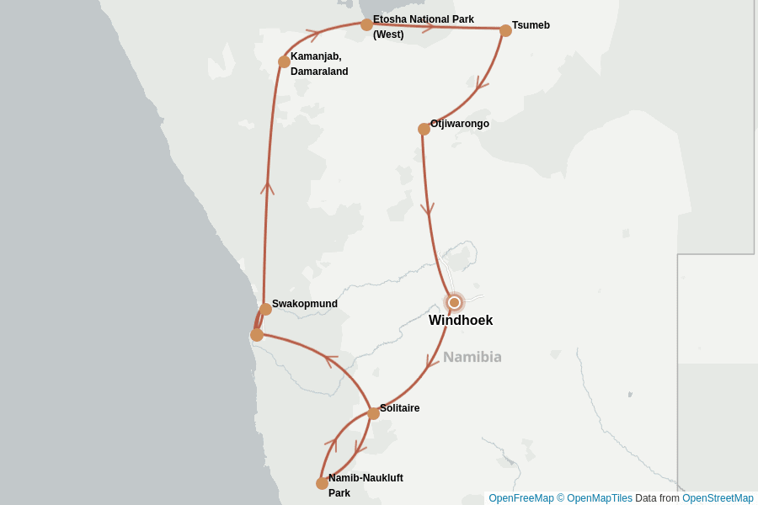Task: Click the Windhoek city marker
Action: (455, 302)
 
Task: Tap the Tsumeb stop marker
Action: (505, 31)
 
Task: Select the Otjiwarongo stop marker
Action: (424, 129)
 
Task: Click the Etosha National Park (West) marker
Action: (366, 24)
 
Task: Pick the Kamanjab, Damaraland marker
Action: (284, 61)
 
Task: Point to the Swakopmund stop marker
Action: (265, 309)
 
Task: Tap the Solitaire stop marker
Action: (373, 413)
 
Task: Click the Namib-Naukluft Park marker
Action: (322, 483)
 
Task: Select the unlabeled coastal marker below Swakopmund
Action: (257, 335)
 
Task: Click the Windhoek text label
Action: (461, 321)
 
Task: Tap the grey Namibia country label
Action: (472, 357)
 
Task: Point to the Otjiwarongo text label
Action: (459, 124)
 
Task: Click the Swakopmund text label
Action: (304, 304)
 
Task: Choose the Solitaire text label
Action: (399, 408)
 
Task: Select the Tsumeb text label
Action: (531, 25)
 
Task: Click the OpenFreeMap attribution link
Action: (521, 498)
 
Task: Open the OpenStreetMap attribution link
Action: (718, 498)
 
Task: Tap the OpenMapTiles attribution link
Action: (599, 498)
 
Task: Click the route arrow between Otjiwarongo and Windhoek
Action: (429, 208)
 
